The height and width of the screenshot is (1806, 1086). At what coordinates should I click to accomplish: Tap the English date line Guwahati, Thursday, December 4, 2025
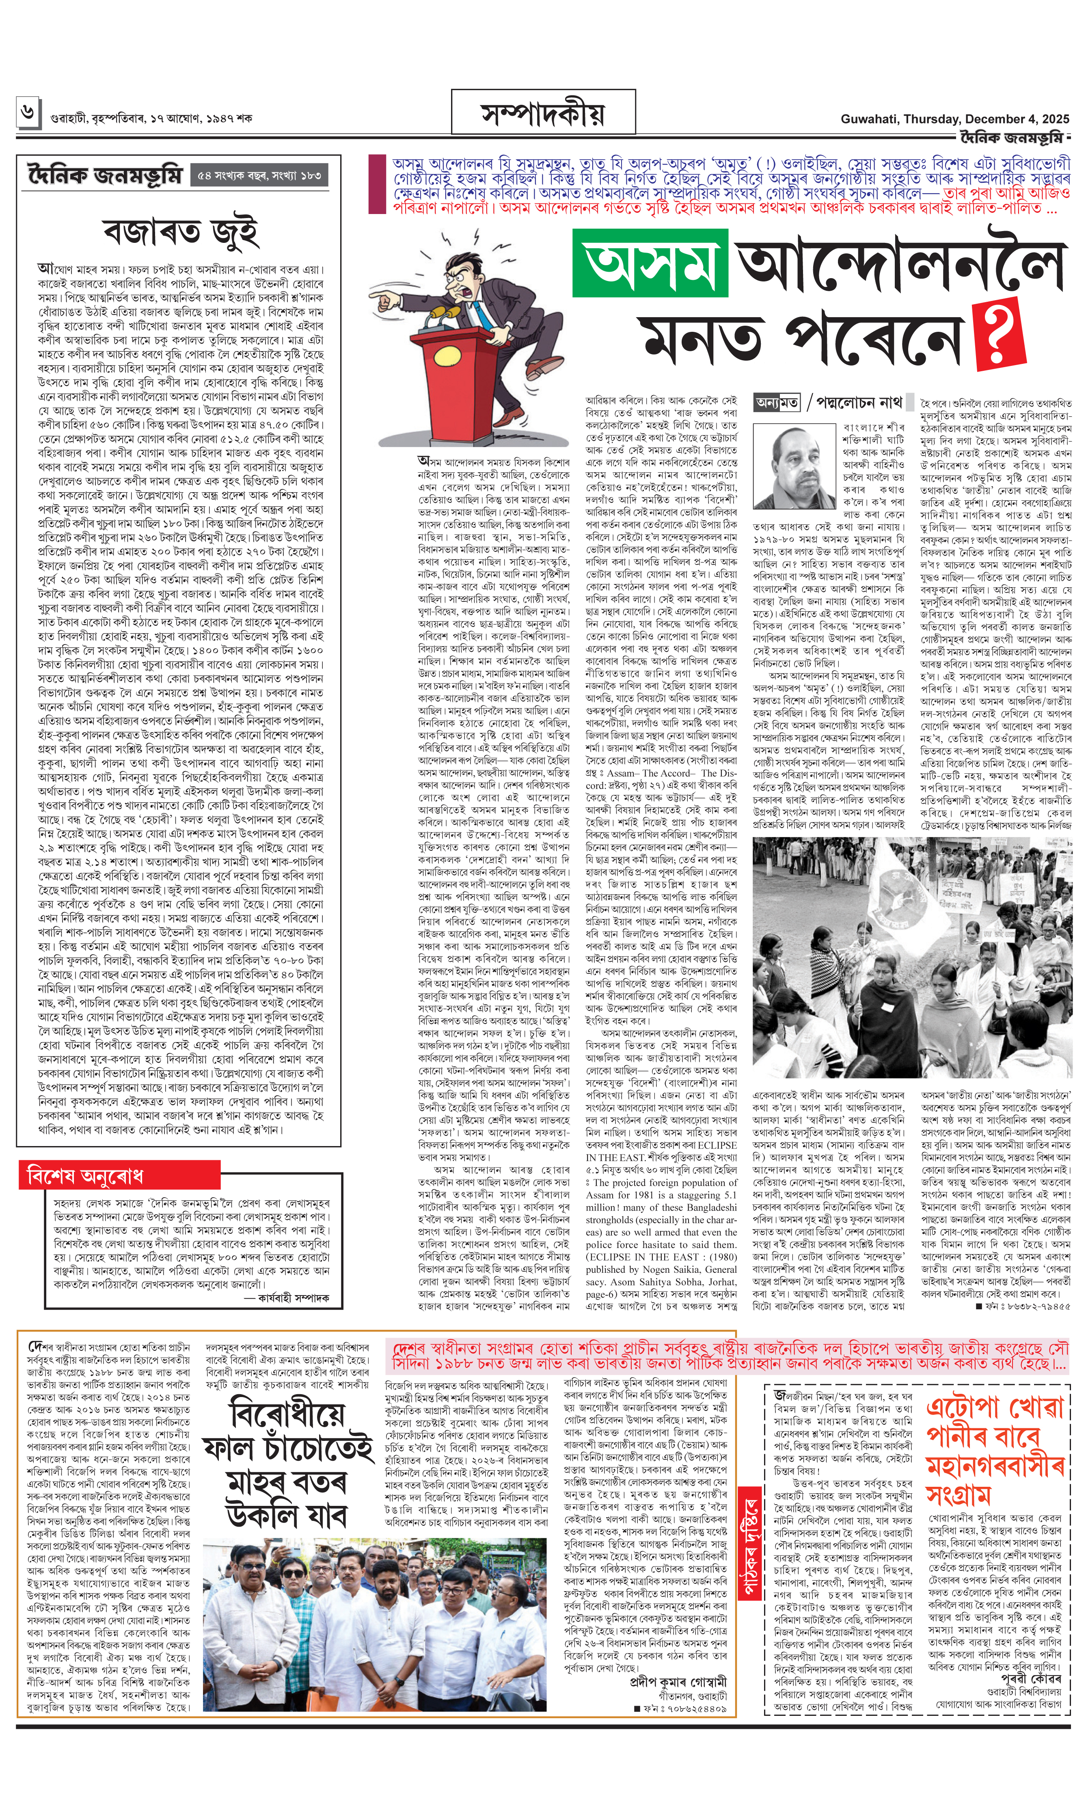tap(954, 119)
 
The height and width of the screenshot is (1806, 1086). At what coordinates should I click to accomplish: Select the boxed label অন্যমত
tap(777, 402)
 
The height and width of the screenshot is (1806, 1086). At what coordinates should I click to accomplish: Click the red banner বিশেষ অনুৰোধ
tap(84, 1176)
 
